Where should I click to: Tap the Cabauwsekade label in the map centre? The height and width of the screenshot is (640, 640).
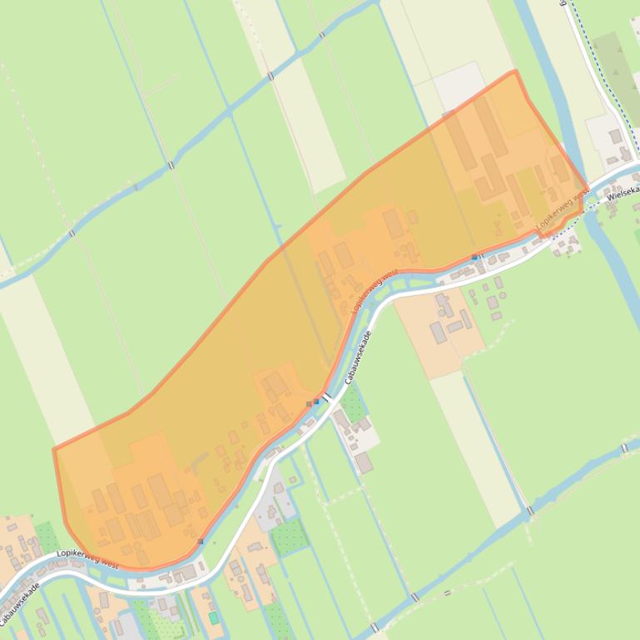[x=357, y=357]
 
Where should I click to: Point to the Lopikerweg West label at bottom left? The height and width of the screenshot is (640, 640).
[x=87, y=559]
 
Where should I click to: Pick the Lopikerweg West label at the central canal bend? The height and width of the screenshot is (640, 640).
[x=375, y=291]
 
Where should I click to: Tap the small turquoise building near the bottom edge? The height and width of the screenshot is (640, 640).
[x=214, y=618]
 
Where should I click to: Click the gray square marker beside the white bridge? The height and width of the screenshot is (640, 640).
[x=310, y=403]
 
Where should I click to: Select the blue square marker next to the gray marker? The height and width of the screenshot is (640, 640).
[x=317, y=401]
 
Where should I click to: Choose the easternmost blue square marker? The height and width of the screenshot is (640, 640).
[x=474, y=257]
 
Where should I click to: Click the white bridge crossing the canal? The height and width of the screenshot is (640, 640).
[x=326, y=400]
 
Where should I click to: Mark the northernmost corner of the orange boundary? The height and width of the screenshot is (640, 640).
[x=514, y=71]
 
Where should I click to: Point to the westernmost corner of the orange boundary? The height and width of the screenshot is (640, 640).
[x=55, y=450]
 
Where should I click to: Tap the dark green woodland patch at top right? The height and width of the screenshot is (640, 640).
[x=620, y=66]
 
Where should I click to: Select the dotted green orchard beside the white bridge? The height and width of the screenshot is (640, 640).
[x=353, y=404]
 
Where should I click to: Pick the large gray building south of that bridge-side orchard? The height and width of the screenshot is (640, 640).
[x=364, y=462]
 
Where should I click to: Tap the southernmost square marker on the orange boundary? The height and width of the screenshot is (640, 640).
[x=201, y=541]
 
